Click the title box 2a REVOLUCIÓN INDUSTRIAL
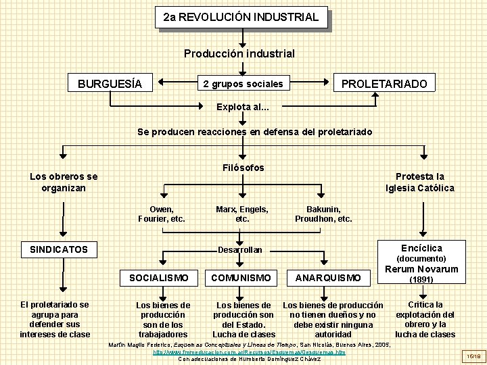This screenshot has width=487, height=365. coord(241,16)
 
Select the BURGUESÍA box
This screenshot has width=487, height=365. coord(110,84)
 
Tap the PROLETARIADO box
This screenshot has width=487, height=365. coord(384,84)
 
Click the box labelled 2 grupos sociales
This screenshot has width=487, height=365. coord(243,84)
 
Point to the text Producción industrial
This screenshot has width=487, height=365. coord(240,53)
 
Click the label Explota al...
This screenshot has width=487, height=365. coord(243,107)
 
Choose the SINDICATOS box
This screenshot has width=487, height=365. coord(59,249)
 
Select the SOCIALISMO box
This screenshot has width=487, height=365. coord(158,277)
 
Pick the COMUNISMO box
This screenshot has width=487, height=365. coord(241,277)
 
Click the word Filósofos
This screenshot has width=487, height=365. coord(243,168)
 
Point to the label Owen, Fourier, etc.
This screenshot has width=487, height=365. coord(161,214)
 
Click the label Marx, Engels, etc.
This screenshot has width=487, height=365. coord(241,214)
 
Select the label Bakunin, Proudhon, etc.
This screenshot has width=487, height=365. coord(323,214)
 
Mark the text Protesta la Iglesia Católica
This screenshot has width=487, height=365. coord(420,182)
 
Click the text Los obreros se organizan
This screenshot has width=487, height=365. coord(64,182)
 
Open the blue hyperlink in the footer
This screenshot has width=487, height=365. coord(249,352)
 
